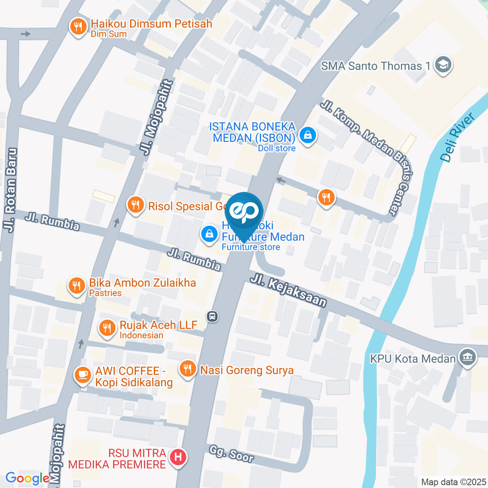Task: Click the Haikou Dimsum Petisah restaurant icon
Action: pos(78,27)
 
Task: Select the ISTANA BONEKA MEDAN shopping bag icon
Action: pos(308,135)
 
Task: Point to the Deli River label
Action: pos(457,137)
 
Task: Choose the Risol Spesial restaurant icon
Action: pos(135,205)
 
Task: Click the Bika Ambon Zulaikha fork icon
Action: pos(77,286)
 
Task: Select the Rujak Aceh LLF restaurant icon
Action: pos(106,328)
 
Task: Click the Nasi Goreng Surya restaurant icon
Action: pos(188,369)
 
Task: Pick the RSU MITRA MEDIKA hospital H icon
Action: pos(177,457)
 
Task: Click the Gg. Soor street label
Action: pos(231,452)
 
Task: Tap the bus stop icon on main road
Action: pos(213,316)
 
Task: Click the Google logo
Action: pos(27,478)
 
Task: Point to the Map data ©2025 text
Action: pos(452,481)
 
